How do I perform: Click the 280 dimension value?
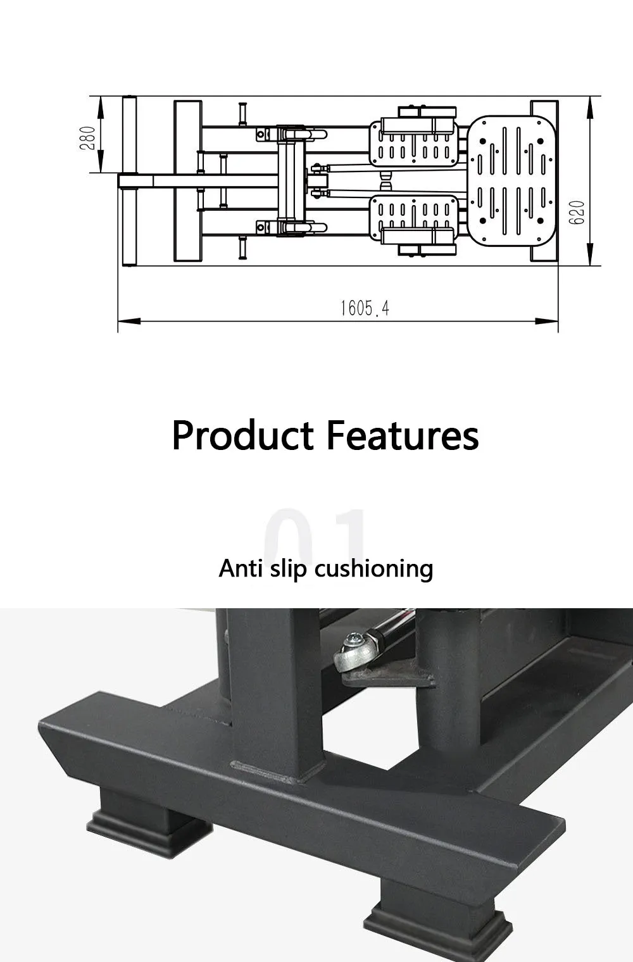[87, 138]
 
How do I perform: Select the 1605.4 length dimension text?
[365, 308]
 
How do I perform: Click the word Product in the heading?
[242, 435]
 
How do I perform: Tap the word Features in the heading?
[403, 435]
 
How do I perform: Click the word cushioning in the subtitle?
[373, 569]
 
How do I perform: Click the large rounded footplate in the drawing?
[511, 181]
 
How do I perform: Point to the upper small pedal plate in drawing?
[414, 144]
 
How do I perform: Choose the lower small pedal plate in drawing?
[414, 218]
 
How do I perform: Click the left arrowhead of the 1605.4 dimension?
[129, 321]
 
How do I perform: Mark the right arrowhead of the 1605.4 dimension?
[547, 321]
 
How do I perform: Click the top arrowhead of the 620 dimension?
[590, 108]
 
